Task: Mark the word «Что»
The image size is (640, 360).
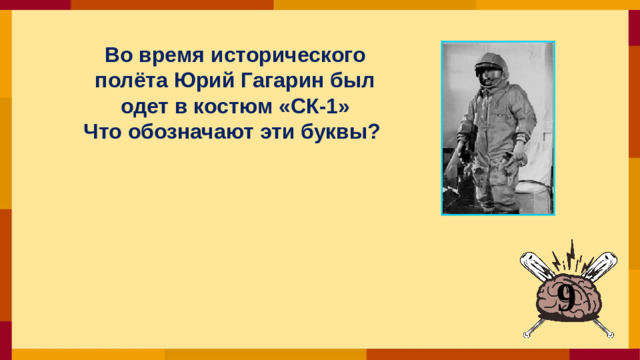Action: pos(105,132)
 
